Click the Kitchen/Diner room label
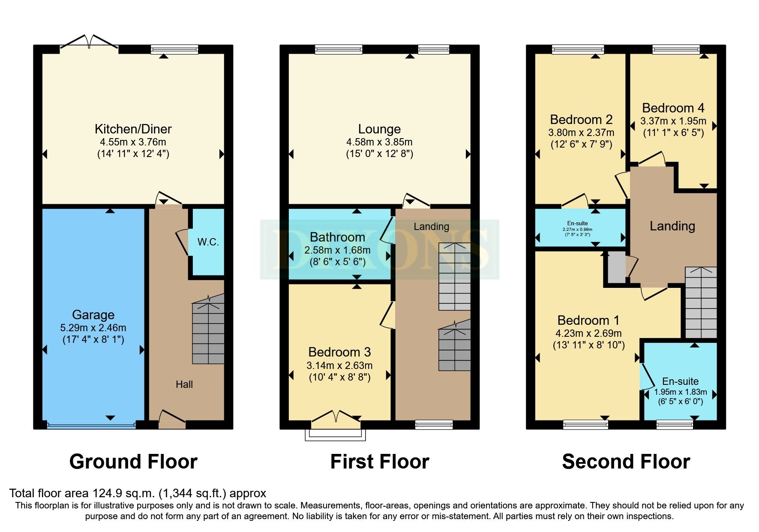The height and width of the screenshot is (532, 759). coord(133,129)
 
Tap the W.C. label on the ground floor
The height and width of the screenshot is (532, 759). coord(208,242)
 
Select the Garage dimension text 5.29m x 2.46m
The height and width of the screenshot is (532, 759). coord(93,328)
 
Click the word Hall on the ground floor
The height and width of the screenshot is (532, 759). coord(184,384)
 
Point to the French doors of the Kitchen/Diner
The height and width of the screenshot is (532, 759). coord(89,42)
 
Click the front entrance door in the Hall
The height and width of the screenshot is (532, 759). coord(172,420)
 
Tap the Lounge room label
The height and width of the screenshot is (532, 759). coord(379,129)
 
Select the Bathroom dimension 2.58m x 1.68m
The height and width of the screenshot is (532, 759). coord(337,250)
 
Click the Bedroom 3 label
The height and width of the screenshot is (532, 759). coord(339,352)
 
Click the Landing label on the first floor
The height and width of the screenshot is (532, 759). coord(431,227)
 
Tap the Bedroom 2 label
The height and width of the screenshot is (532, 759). coord(581,119)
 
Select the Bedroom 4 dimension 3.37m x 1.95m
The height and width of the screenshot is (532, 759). coord(673,121)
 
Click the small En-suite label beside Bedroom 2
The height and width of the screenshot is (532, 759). coord(577,223)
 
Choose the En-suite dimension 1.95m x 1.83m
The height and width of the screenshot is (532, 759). coord(680,392)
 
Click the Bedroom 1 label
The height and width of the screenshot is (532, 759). coord(588,320)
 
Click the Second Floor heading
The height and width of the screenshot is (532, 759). coord(626,462)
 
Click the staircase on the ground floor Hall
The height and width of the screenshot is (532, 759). coord(208,332)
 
